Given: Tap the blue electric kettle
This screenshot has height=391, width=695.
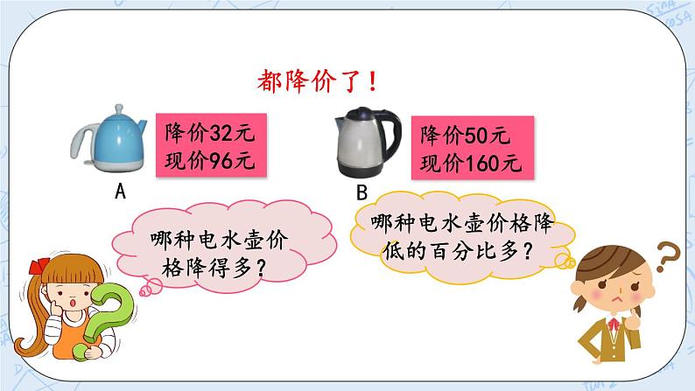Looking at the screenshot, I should [112, 141].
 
